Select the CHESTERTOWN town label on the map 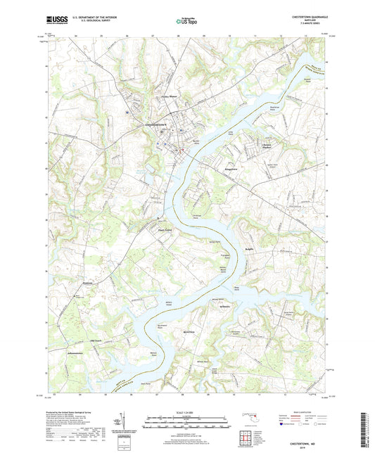pos(157,125)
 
